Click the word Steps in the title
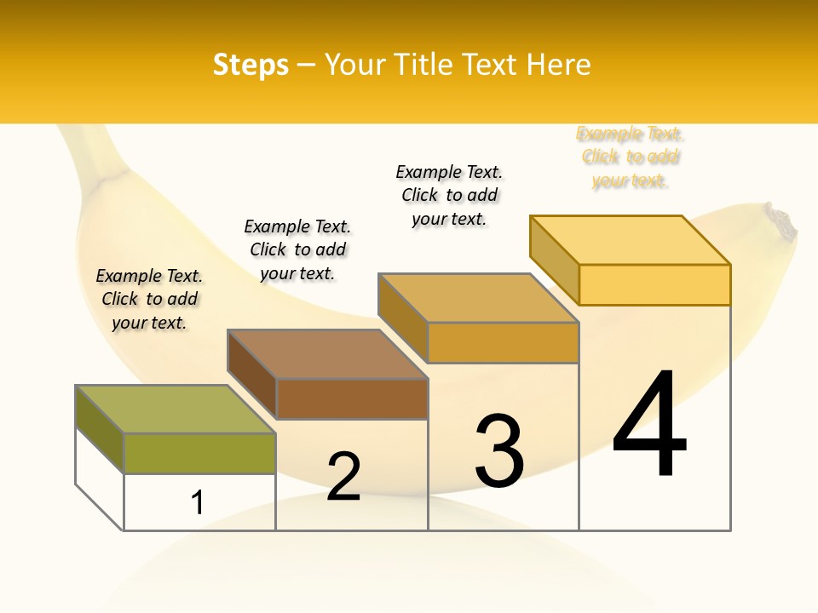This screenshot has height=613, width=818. (251, 65)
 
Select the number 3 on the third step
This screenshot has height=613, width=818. (499, 450)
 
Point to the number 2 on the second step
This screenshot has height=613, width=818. (344, 476)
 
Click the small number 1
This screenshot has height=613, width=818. (198, 502)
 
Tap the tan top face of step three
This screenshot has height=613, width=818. (478, 298)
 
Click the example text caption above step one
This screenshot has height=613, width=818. (149, 299)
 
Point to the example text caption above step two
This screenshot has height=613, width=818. (297, 249)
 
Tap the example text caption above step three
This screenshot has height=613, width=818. (449, 195)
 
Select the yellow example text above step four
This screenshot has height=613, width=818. (630, 157)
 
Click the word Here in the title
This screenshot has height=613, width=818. (558, 65)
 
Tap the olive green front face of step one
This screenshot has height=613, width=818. (199, 453)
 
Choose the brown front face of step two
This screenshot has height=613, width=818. (352, 398)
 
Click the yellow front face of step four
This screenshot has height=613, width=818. (654, 284)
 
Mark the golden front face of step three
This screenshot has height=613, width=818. (503, 342)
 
